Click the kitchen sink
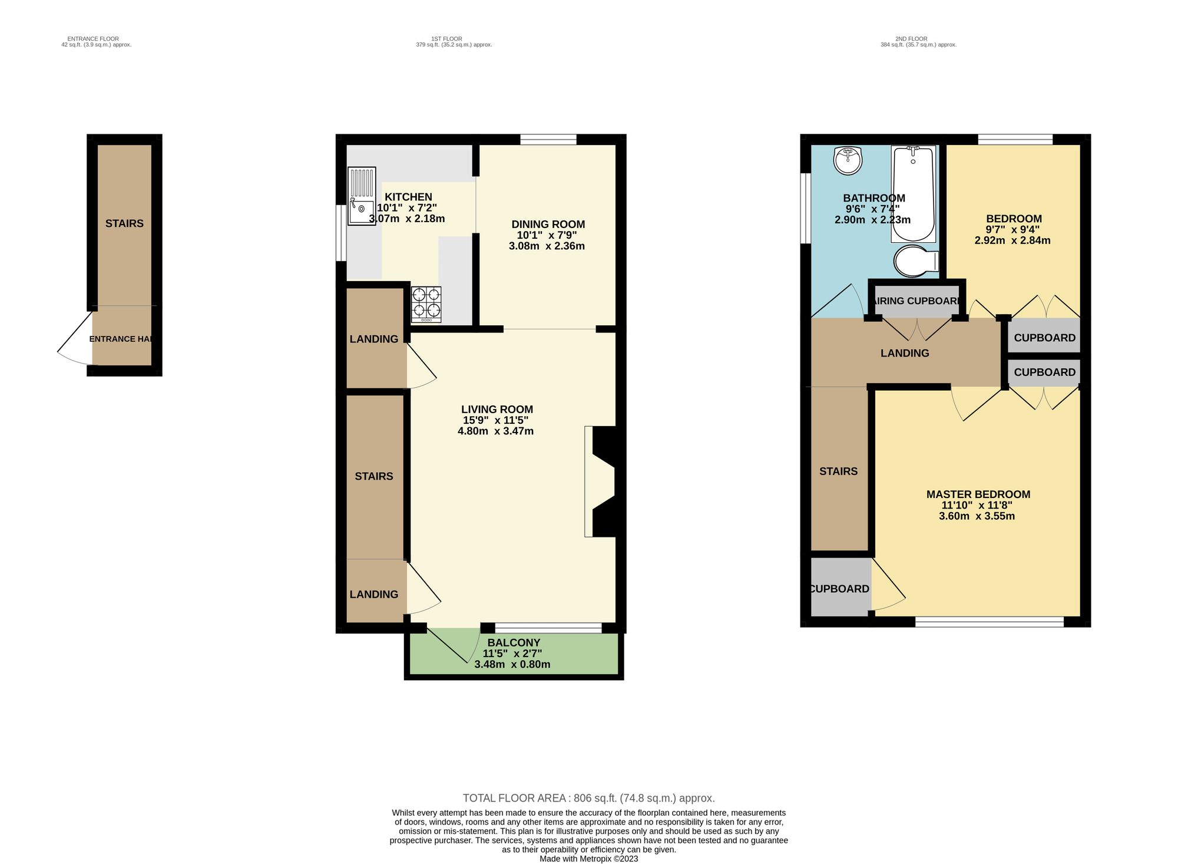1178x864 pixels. click(x=362, y=197)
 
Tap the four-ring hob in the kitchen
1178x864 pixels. click(x=426, y=304)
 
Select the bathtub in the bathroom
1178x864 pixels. click(x=913, y=194)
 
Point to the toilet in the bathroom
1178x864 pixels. click(x=916, y=260)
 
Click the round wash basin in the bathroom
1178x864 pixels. click(x=848, y=160)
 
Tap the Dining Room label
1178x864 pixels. click(x=548, y=224)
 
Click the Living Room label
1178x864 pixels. click(x=497, y=409)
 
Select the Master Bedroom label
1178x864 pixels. click(x=978, y=494)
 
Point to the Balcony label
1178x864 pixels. click(x=514, y=642)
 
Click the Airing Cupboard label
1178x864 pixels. click(x=916, y=301)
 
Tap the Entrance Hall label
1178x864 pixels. click(x=121, y=339)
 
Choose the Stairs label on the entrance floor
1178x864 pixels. click(x=124, y=223)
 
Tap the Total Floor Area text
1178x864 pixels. click(x=588, y=798)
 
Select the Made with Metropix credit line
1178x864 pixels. click(x=588, y=859)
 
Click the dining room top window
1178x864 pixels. click(x=548, y=140)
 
